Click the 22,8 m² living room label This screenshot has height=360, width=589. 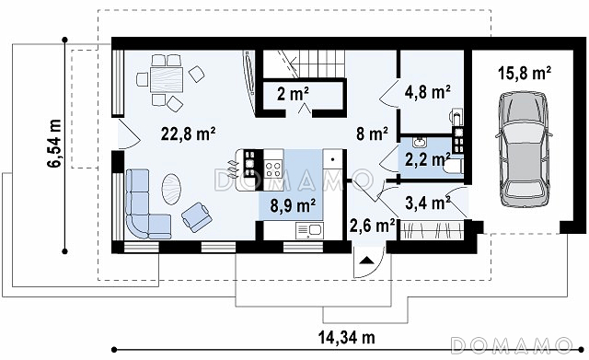click(188, 134)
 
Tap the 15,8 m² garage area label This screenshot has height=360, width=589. click(525, 73)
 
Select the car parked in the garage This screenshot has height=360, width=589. click(525, 148)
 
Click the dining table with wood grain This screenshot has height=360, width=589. click(167, 80)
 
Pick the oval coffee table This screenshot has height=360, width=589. click(171, 189)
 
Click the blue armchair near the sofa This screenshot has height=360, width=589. click(196, 216)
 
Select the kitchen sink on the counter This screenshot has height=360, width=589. click(309, 230)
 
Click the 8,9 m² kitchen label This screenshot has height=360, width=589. click(293, 205)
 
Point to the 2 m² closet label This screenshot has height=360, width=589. click(294, 94)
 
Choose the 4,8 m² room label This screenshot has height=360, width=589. click(428, 92)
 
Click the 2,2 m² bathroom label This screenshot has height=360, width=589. click(427, 159)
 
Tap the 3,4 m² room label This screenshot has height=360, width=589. click(428, 203)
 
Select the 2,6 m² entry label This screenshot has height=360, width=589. click(372, 226)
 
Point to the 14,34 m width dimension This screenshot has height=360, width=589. click(347, 338)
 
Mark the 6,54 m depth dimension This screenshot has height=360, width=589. click(54, 144)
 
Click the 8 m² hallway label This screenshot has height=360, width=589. click(372, 134)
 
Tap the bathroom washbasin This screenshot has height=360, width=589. click(418, 143)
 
